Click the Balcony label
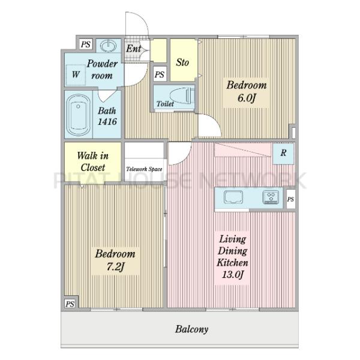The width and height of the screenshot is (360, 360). [191, 329]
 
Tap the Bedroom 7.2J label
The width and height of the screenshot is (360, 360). [115, 260]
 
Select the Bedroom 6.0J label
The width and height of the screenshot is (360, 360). [247, 91]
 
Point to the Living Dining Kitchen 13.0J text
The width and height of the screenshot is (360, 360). [232, 256]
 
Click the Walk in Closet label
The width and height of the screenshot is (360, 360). [92, 161]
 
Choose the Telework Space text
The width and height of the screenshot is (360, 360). [144, 169]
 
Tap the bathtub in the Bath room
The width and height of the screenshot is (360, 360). [78, 115]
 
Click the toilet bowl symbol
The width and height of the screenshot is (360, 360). [182, 97]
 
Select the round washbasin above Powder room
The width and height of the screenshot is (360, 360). [109, 45]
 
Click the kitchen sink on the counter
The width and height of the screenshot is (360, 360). [233, 197]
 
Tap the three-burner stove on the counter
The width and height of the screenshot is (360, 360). [271, 197]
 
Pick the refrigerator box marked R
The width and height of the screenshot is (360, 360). [283, 153]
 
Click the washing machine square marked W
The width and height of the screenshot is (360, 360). [76, 74]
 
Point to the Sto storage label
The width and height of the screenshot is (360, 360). [182, 62]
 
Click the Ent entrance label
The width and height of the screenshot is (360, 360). [133, 49]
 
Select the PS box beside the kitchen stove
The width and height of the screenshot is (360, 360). [290, 199]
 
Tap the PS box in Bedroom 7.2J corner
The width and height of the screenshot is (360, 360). [70, 304]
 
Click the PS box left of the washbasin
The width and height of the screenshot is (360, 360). [86, 44]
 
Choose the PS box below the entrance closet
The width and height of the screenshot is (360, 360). [160, 74]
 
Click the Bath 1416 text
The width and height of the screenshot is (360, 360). [107, 116]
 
